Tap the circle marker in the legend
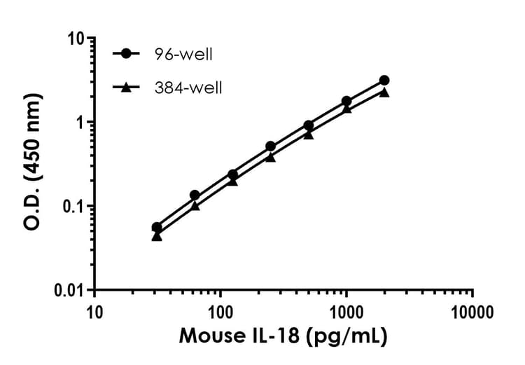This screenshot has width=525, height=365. click(125, 54)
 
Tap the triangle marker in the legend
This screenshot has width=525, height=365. click(125, 87)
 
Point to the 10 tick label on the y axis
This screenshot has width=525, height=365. click(77, 38)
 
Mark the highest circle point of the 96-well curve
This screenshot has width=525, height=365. click(384, 81)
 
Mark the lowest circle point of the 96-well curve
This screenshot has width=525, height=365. click(157, 227)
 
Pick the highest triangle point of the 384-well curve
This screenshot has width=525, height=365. click(384, 92)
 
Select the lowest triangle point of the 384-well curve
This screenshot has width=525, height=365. click(157, 236)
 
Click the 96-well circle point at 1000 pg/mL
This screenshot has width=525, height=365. click(346, 101)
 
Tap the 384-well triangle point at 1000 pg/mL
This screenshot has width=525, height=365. click(346, 109)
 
